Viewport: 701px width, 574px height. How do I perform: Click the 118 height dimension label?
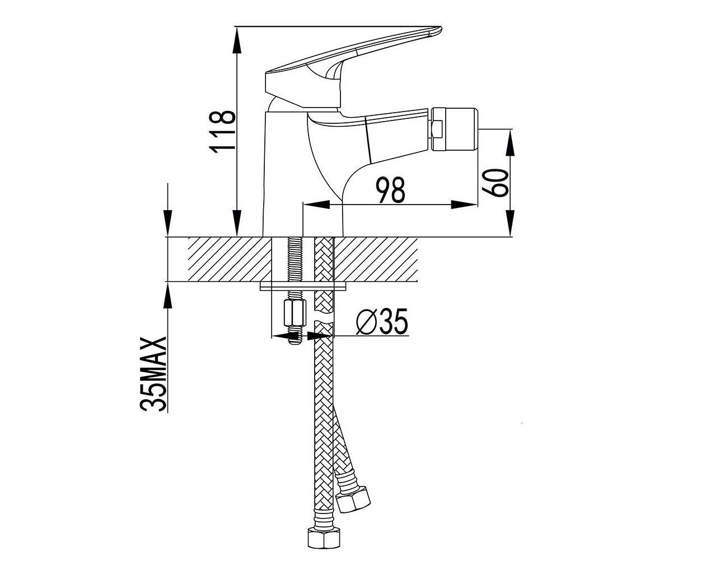point(222,132)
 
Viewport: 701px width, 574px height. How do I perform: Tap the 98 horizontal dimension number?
point(391,190)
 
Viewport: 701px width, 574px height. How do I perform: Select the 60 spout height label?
point(496,183)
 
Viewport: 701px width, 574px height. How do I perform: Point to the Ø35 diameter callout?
point(382,321)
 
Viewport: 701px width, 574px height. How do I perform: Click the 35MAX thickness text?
point(153,374)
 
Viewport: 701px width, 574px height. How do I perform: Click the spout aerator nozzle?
point(455,129)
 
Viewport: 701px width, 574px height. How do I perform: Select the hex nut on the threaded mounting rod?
point(295,313)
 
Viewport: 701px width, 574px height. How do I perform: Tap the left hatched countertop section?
point(230,260)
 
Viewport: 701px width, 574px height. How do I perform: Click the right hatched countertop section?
point(376,260)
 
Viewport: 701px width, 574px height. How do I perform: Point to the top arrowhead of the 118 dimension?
point(236,40)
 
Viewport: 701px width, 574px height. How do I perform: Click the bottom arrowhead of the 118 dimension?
point(236,223)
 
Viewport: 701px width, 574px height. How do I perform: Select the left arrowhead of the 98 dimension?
point(316,205)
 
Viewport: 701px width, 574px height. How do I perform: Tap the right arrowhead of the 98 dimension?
point(464,205)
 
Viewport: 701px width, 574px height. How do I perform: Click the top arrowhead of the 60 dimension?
point(510,142)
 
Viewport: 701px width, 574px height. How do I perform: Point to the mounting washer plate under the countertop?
point(303,286)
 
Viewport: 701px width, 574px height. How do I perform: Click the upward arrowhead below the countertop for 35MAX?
point(168,295)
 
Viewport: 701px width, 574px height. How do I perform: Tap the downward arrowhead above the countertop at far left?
point(168,223)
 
